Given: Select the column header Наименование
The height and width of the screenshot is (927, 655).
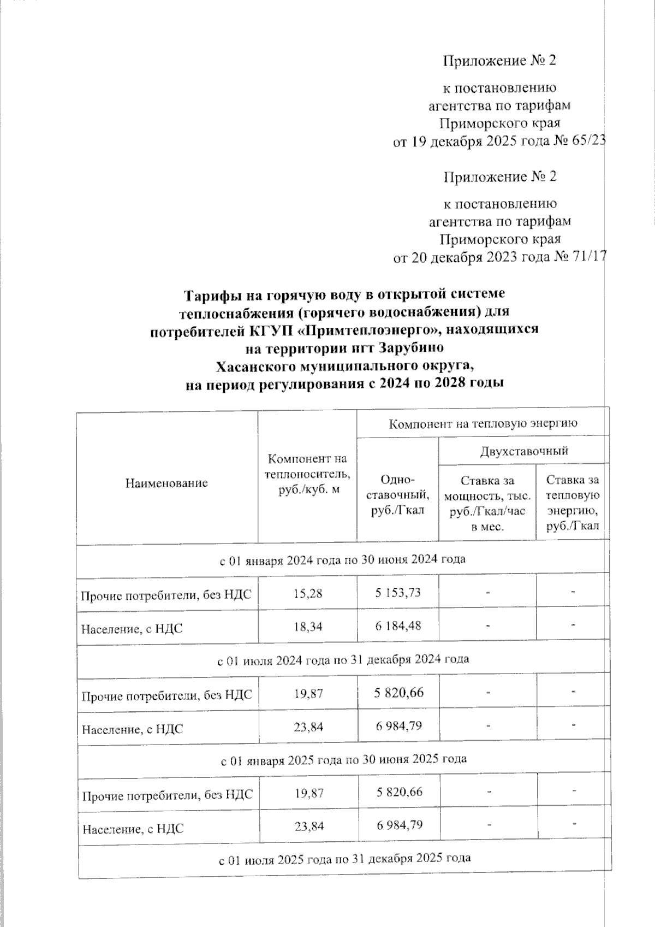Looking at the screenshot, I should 166,483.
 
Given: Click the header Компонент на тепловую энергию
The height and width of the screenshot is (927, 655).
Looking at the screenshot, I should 483,423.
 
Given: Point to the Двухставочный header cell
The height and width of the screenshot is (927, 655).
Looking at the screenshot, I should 524,451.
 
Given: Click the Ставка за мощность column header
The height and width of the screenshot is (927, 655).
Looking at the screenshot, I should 487,503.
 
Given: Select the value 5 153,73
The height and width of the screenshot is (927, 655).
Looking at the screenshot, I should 398,593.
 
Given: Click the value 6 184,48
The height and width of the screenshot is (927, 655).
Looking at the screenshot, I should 398,626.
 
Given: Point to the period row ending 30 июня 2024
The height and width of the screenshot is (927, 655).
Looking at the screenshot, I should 342,559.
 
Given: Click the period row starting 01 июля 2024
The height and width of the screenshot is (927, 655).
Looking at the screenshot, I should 343,659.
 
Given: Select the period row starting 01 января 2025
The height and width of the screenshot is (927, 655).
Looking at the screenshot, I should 343,759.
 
